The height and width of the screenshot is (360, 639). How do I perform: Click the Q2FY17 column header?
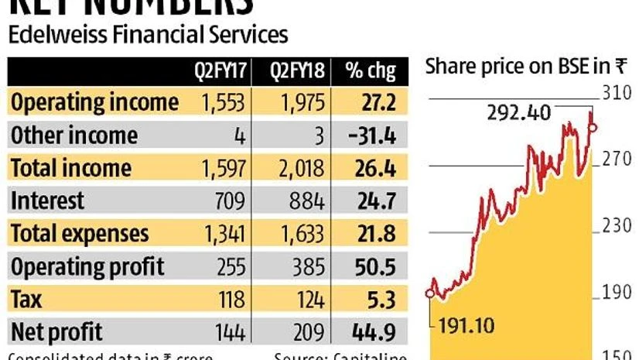point(219,71)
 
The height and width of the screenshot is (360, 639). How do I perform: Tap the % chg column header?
point(371,71)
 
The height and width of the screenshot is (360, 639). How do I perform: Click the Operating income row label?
point(94,102)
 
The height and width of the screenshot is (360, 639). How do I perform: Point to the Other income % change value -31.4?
point(372,135)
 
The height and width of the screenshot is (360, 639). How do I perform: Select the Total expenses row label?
point(80,234)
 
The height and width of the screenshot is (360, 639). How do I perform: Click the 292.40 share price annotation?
point(519,113)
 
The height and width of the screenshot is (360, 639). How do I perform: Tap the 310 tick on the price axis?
point(616,94)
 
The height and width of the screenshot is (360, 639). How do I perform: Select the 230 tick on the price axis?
point(616,227)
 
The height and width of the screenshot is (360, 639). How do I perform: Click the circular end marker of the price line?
point(593,126)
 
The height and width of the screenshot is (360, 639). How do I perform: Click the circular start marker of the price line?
point(430,293)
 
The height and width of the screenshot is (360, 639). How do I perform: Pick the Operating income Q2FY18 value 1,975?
point(298,102)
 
